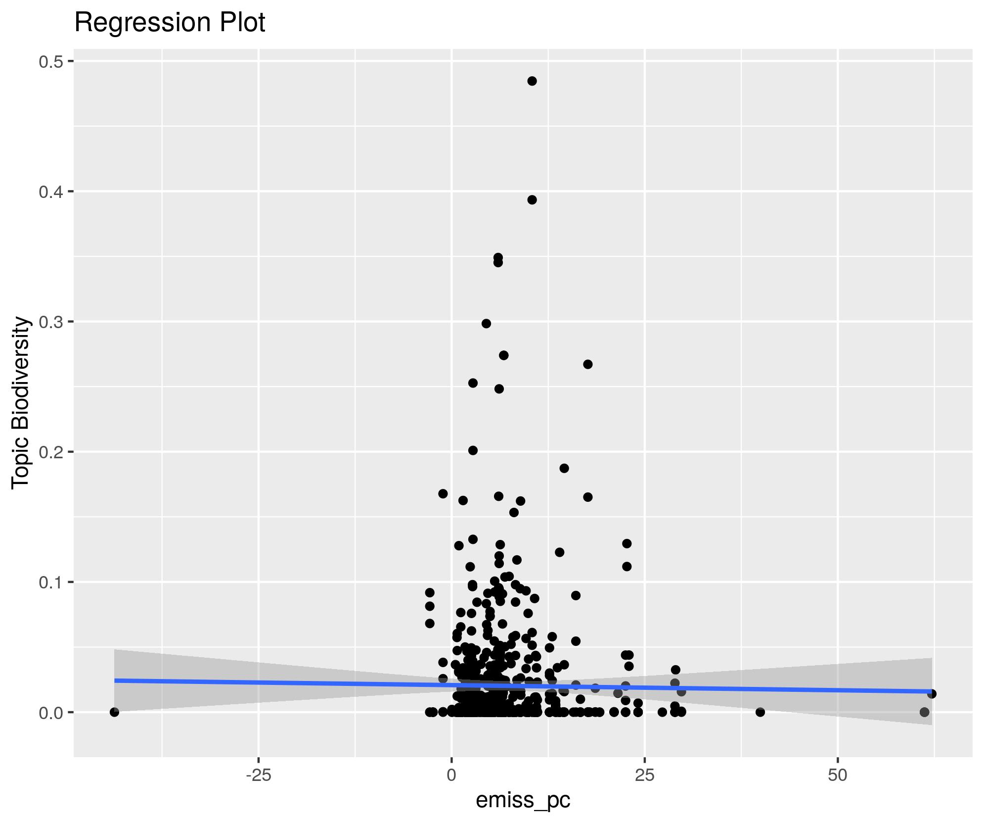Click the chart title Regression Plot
point(170,23)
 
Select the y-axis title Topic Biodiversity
point(21,403)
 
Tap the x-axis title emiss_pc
point(523,800)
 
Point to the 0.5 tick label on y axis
point(50,61)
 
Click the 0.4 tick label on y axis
point(50,192)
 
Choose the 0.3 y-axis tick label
point(50,322)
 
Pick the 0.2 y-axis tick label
point(50,452)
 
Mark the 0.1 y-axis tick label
point(50,582)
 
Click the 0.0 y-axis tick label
point(50,712)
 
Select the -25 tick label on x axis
point(258,775)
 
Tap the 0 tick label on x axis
point(451,775)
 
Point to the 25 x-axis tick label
point(644,775)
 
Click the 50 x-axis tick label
point(838,775)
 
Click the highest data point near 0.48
point(532,81)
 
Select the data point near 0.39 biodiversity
point(532,200)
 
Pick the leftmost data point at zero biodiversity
point(114,712)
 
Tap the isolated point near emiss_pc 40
point(760,712)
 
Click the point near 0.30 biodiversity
point(486,324)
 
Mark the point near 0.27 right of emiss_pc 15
point(587,364)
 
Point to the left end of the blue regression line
point(115,680)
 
